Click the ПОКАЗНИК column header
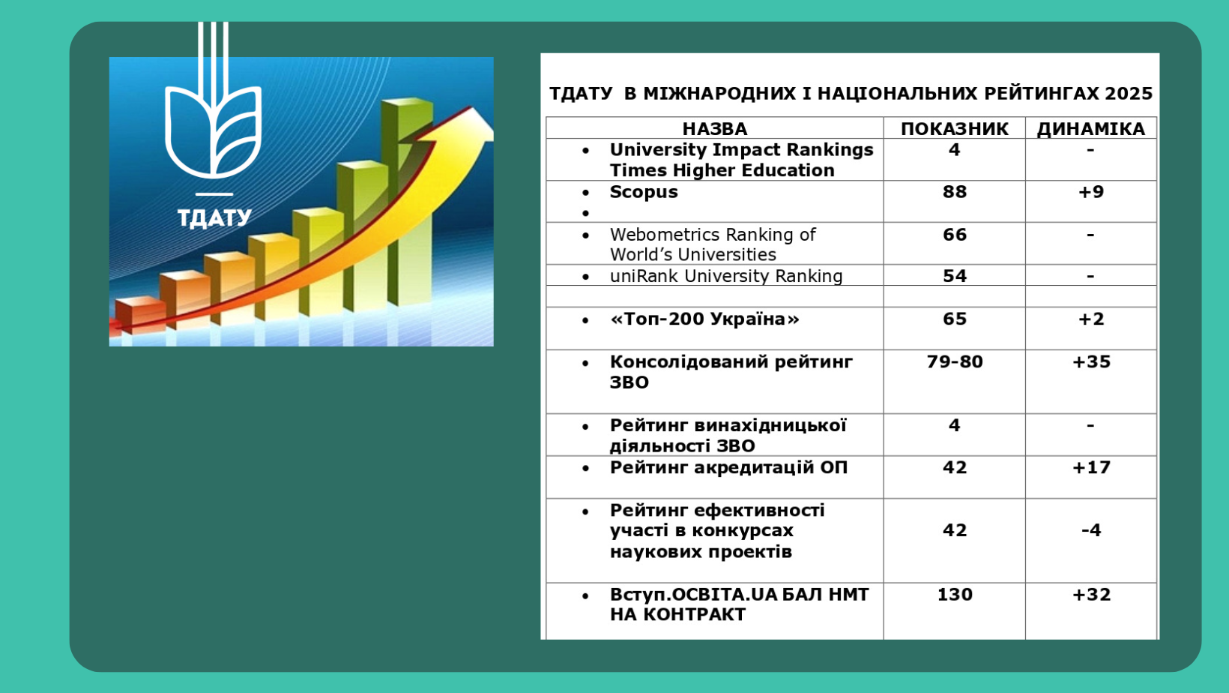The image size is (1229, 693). [x=954, y=128]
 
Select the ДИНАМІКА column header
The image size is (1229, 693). [x=1090, y=128]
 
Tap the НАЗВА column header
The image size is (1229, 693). [x=714, y=128]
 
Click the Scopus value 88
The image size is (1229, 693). [x=954, y=192]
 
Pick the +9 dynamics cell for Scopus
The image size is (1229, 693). [x=1090, y=192]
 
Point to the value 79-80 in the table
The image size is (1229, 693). [x=954, y=361]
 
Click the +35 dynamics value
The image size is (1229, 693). [x=1091, y=361]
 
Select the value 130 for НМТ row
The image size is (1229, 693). [x=954, y=595]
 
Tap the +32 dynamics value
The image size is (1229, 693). [x=1091, y=595]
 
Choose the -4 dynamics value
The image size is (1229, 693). [x=1090, y=530]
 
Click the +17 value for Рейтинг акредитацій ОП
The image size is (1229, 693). [x=1091, y=467]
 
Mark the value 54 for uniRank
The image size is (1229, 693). [x=954, y=276]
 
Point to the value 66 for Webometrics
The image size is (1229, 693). [x=954, y=235]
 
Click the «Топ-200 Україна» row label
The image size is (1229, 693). [x=704, y=319]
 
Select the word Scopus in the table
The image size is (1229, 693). [x=643, y=192]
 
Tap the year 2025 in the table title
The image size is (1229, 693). [x=1128, y=94]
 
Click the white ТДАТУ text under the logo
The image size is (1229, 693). [x=214, y=217]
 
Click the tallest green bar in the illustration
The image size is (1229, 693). [x=406, y=202]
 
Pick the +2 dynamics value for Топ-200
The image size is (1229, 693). [x=1090, y=319]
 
